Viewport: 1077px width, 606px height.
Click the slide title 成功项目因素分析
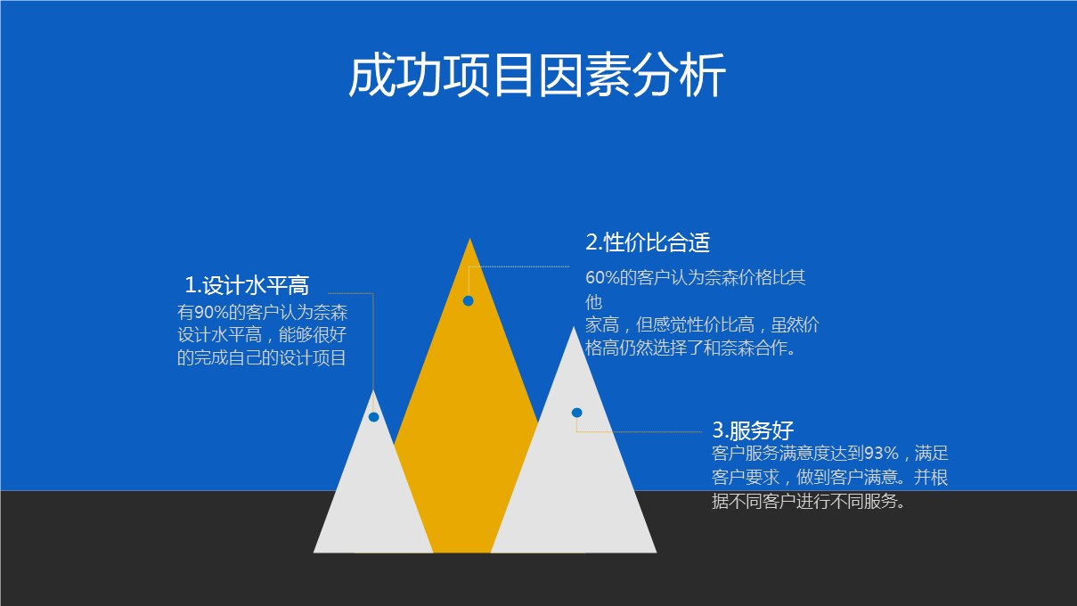coord(537,76)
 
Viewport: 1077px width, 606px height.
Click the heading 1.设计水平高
coord(247,285)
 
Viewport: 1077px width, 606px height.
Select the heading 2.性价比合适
coord(648,242)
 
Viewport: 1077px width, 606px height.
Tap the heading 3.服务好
coord(753,430)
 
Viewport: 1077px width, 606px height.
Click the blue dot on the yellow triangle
coord(469,300)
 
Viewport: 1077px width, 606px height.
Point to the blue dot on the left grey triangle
coord(373,417)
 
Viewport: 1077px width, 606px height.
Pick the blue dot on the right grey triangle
coord(577,413)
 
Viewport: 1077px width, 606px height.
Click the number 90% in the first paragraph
coord(210,313)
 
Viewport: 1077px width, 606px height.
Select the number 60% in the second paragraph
coord(602,277)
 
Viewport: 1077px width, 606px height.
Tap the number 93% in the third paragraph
coord(881,453)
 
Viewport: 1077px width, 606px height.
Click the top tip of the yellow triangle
coord(469,238)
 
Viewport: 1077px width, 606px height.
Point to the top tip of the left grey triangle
coord(373,390)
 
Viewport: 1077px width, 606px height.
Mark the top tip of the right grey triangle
coord(573,327)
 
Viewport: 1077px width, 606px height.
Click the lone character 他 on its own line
coord(594,302)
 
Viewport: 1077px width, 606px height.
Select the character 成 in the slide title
coord(371,76)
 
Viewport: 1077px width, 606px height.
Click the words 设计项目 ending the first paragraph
coord(313,358)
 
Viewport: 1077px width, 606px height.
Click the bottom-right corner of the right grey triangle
coord(657,553)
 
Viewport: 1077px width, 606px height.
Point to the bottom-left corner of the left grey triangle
coord(314,553)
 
